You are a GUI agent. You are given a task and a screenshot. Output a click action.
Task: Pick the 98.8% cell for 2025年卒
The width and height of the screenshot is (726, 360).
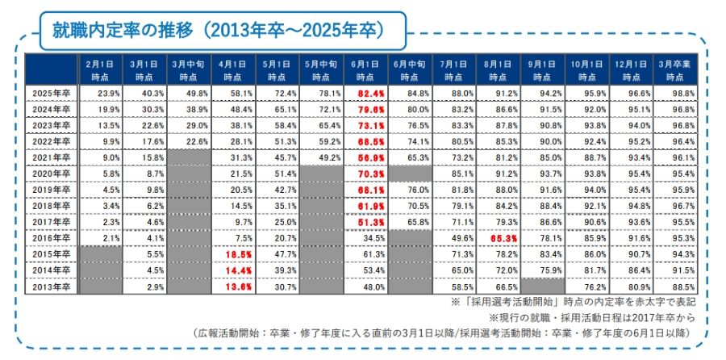point(680,93)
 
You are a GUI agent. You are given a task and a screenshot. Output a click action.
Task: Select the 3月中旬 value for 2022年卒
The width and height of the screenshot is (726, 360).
point(190,141)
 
